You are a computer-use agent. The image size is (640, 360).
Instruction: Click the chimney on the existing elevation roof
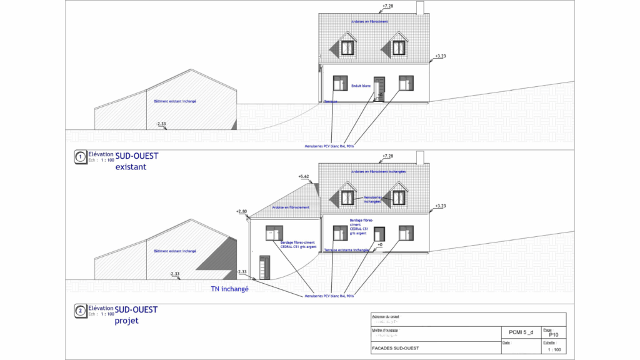coord(420,8)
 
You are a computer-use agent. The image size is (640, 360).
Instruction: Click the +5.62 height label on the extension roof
coord(304,177)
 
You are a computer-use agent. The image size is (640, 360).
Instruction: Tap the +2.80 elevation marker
coord(242,212)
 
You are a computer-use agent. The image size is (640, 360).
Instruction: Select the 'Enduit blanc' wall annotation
coord(362,85)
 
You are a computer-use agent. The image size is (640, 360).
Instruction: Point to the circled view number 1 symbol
coord(79,157)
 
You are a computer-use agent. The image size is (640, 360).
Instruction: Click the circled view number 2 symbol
coord(79,311)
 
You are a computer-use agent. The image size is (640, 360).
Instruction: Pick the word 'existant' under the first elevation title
coord(131,167)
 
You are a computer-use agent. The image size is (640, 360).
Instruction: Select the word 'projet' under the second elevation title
coord(126,321)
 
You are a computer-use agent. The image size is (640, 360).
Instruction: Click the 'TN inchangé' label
coord(230,289)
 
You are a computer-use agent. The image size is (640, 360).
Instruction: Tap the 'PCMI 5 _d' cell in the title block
coord(521,332)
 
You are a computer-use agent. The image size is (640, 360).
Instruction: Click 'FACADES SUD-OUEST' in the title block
coord(395,348)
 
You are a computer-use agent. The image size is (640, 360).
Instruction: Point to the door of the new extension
coord(265,267)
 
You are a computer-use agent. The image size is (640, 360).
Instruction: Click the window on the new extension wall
coord(274,232)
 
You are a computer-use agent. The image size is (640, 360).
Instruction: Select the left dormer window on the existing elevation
coord(347,47)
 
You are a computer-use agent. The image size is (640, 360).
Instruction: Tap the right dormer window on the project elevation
coord(399,197)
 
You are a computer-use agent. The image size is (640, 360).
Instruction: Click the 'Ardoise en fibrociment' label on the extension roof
coord(288,207)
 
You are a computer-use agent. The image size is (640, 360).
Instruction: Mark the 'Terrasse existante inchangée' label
coord(347,250)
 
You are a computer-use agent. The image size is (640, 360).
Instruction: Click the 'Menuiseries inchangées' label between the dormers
coord(372,199)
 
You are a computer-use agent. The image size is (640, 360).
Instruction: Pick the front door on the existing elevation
coord(379,87)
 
